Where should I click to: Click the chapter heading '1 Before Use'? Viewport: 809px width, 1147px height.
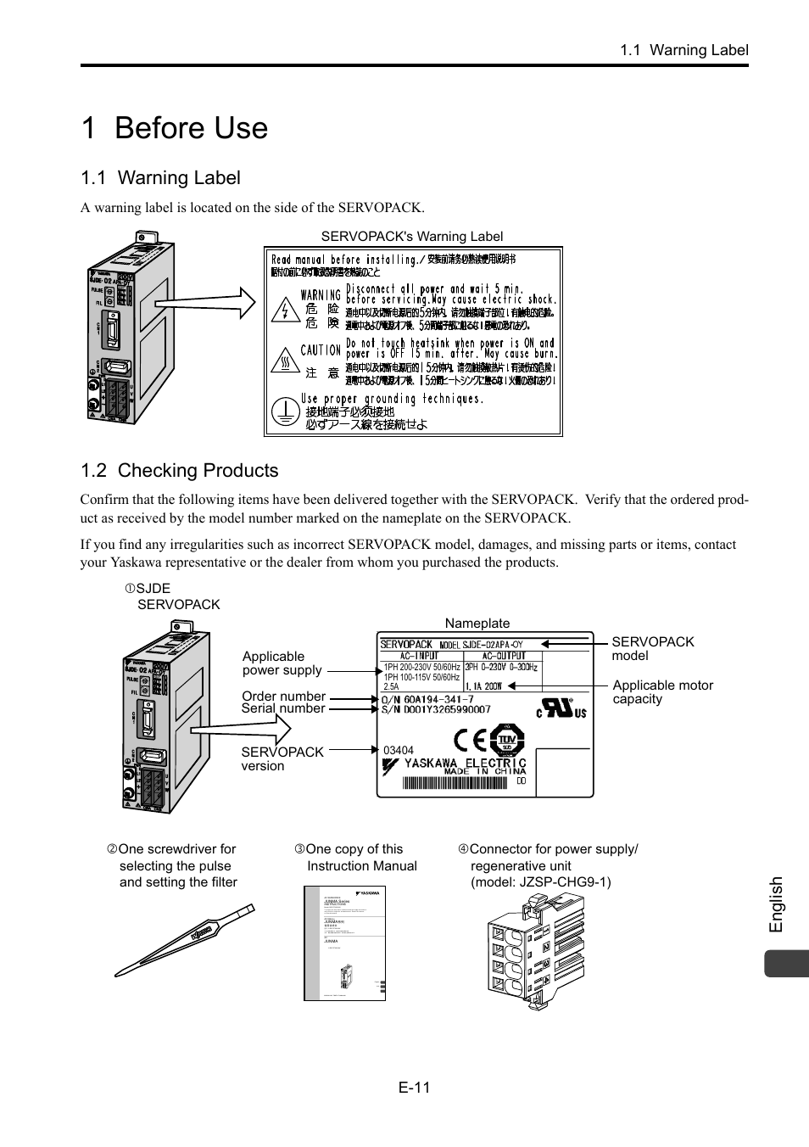175,128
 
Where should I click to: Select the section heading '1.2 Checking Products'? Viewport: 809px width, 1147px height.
179,471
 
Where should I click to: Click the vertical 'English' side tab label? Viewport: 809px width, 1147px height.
776,905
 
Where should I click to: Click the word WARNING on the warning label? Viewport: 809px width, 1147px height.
321,295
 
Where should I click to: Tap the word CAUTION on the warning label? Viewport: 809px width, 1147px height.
321,350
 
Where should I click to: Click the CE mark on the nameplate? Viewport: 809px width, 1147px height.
471,741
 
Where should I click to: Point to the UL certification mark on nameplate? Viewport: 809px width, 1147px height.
560,708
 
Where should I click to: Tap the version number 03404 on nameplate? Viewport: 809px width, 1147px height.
399,750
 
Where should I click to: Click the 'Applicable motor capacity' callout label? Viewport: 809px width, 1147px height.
662,692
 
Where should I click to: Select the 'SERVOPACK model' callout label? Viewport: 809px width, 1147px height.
652,649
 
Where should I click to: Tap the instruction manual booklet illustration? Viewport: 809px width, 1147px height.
345,943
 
